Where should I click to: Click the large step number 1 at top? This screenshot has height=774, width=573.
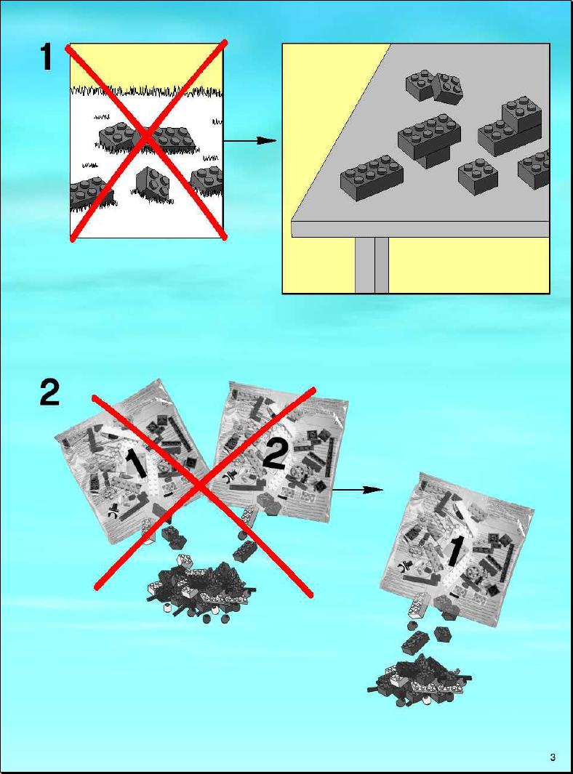tap(46, 57)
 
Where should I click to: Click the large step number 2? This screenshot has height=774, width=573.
tap(49, 393)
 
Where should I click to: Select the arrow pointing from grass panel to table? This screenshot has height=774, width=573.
tap(249, 141)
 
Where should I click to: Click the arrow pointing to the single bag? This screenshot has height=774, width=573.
tap(358, 490)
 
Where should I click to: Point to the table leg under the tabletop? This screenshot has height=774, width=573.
tap(372, 265)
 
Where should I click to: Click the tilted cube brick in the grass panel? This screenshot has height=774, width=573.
tap(153, 182)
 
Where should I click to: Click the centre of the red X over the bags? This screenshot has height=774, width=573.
tap(202, 488)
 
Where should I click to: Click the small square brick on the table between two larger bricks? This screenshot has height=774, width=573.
tap(478, 177)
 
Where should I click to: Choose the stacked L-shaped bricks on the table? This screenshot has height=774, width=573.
tap(510, 126)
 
